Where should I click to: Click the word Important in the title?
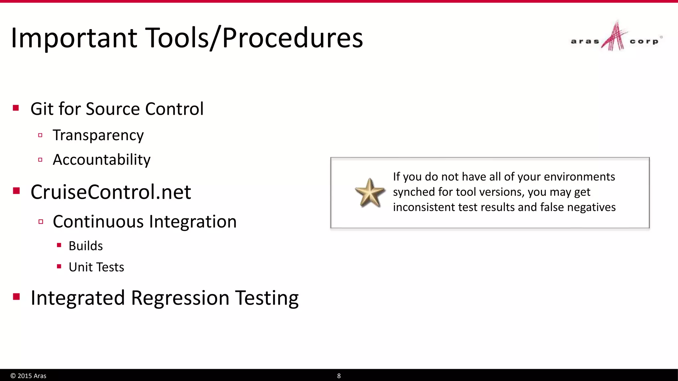(x=74, y=38)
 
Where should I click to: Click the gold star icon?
(x=369, y=193)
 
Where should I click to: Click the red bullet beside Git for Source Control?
(x=16, y=108)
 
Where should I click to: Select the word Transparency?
(x=98, y=135)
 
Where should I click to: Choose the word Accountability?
(x=101, y=160)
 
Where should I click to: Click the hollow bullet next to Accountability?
(x=40, y=160)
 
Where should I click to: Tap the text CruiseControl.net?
(x=111, y=192)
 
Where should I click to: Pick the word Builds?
(x=86, y=246)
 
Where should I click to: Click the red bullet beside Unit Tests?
(x=59, y=266)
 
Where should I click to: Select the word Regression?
(x=180, y=298)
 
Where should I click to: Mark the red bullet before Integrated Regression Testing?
(x=16, y=296)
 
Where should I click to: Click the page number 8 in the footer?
(x=339, y=376)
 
